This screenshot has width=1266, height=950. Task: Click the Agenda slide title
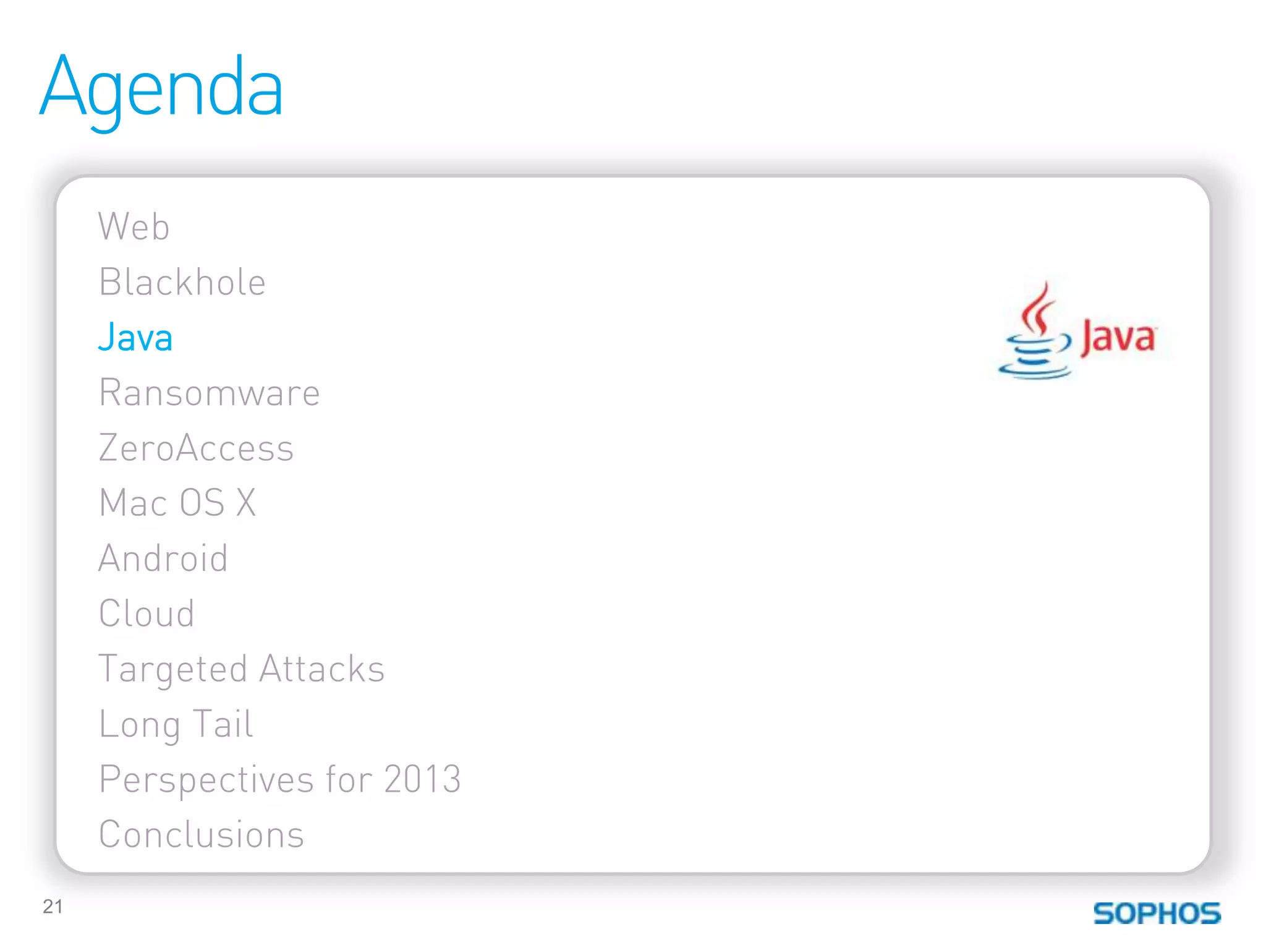point(162,88)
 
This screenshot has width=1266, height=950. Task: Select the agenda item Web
point(134,226)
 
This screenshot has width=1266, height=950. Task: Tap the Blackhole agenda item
point(182,283)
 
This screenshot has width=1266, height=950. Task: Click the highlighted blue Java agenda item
point(135,338)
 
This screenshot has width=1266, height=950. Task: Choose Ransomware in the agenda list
point(210,393)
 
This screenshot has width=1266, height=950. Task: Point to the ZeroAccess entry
point(196,448)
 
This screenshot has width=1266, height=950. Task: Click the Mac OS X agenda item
point(177,502)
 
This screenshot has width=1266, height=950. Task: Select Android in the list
point(163,558)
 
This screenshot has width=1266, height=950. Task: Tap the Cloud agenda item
point(147,614)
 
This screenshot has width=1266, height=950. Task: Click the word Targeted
point(173,670)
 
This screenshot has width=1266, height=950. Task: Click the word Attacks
point(322,669)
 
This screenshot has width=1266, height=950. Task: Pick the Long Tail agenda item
point(176,724)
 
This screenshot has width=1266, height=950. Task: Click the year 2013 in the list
point(422,779)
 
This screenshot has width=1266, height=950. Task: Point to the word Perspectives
point(206,780)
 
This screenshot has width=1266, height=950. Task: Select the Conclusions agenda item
point(202,834)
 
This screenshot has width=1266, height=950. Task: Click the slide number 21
point(53,907)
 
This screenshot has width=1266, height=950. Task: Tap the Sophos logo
point(1157,914)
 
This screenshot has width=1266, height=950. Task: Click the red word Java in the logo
point(1118,338)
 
